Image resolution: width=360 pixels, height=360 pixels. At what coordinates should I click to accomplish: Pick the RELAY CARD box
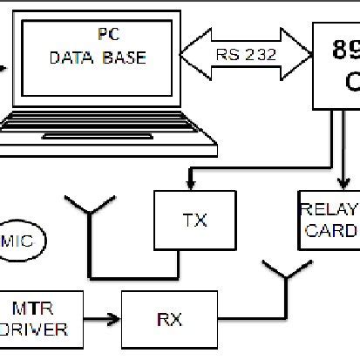329,220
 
